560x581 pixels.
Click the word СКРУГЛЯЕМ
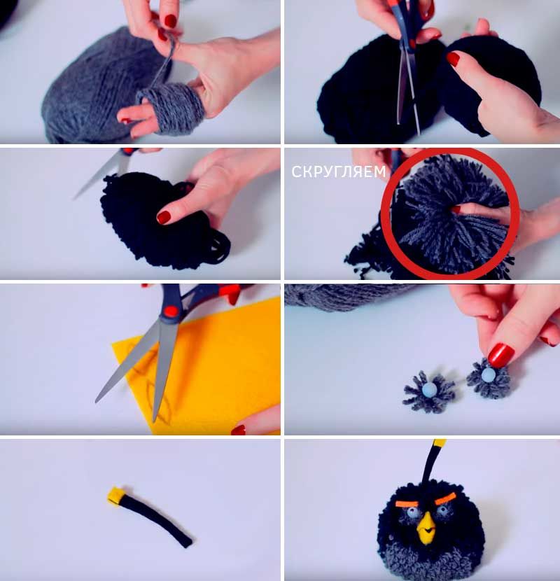click(x=338, y=171)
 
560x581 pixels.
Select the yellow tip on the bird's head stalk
click(x=439, y=443)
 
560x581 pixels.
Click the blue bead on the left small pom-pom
click(x=429, y=389)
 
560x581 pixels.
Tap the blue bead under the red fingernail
click(x=487, y=374)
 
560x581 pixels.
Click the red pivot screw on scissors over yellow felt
click(x=170, y=311)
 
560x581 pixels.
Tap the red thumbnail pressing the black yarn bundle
click(x=163, y=217)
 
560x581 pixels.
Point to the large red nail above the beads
click(x=500, y=355)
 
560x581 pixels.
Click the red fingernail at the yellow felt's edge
click(x=238, y=430)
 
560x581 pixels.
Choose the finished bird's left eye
click(x=413, y=513)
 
